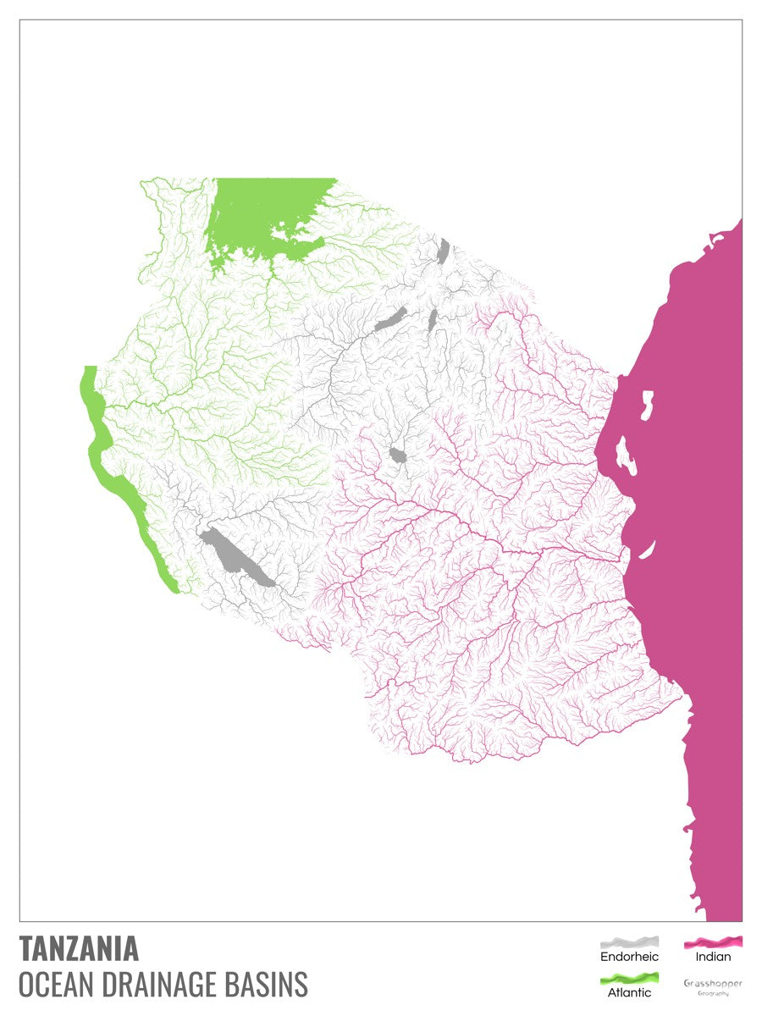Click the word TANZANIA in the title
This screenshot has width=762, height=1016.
click(x=79, y=948)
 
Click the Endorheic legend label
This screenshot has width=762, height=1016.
click(x=629, y=957)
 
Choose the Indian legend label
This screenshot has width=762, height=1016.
click(x=713, y=957)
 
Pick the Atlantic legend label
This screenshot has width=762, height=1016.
click(x=629, y=992)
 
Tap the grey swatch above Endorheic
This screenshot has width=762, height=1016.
click(x=629, y=941)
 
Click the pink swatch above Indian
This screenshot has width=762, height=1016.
click(x=713, y=941)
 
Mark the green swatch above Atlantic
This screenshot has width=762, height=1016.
click(x=629, y=979)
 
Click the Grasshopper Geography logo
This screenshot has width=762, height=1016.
click(x=713, y=986)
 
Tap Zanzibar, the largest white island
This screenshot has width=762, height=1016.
click(x=627, y=456)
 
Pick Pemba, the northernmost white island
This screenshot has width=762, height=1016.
click(x=648, y=404)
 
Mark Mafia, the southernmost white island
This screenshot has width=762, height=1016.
click(x=645, y=550)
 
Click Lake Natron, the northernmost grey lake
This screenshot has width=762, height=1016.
click(x=444, y=251)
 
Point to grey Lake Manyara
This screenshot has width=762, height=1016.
click(x=433, y=321)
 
